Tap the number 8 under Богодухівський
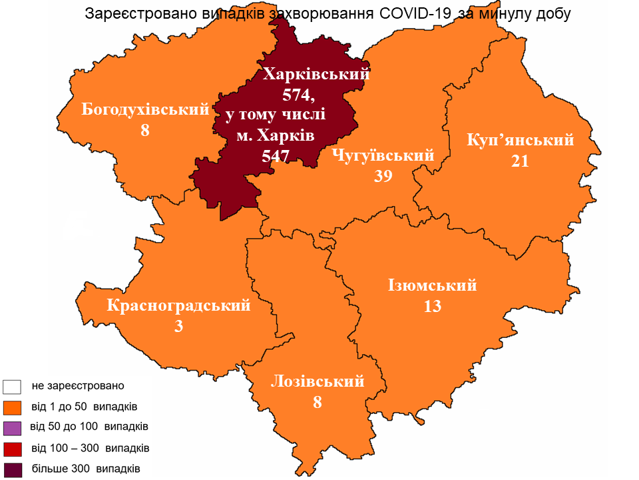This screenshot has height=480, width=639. [x=144, y=130]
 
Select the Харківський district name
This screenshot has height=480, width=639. [x=316, y=74]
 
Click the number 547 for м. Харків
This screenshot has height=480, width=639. [x=277, y=156]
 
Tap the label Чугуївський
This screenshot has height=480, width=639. [x=383, y=156]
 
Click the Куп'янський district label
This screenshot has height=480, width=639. [x=521, y=141]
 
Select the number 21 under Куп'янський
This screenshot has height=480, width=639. [x=520, y=161]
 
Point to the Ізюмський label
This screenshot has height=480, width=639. [x=433, y=285]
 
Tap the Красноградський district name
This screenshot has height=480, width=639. [x=178, y=306]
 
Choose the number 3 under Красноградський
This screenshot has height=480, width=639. [x=178, y=326]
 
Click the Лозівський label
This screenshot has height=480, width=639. [x=318, y=381]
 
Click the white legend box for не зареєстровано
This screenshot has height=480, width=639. [x=13, y=386]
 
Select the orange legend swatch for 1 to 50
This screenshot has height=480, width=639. [x=13, y=407]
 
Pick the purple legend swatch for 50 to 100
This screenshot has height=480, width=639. [x=13, y=427]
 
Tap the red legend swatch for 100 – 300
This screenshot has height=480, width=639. [x=13, y=448]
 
